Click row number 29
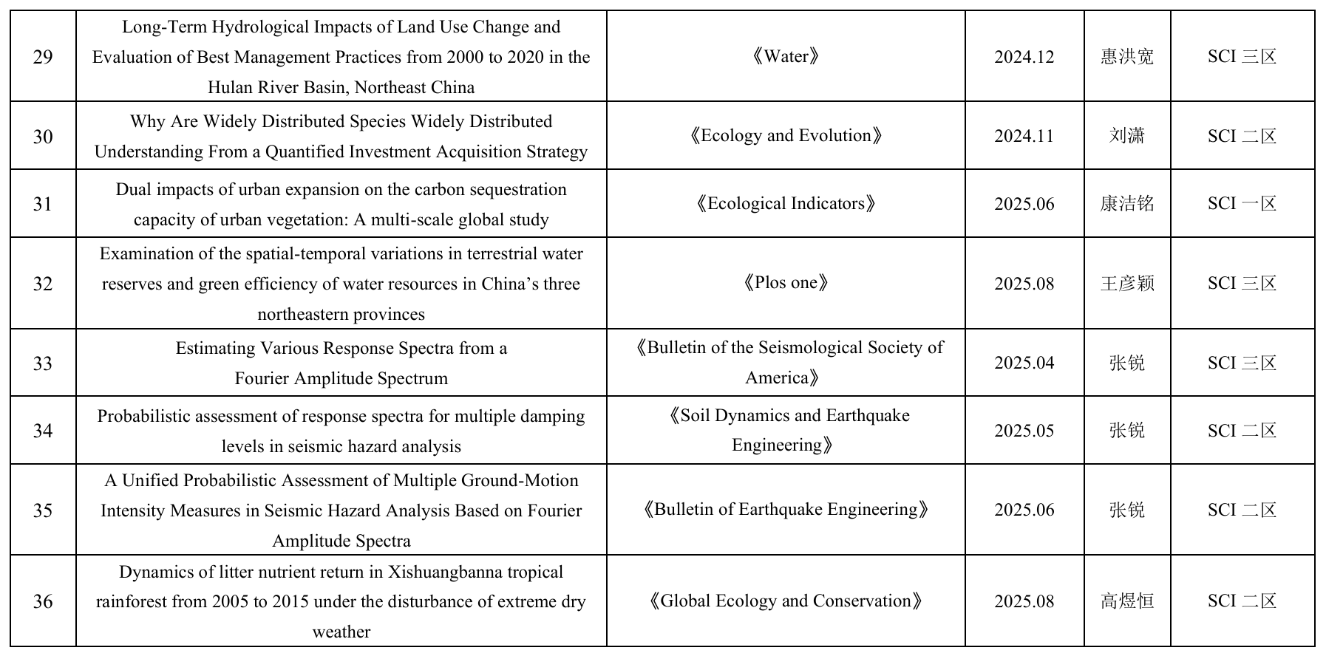pos(43,57)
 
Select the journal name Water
pos(786,57)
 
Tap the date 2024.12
pos(1024,57)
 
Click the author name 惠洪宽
pos(1127,57)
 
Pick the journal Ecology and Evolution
pos(786,136)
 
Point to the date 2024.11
pos(1024,136)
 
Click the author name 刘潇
pos(1127,136)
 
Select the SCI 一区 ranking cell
pos(1242,204)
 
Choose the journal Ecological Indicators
pos(786,204)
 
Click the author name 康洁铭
pos(1127,204)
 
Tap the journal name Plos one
pos(786,283)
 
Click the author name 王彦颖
pos(1127,283)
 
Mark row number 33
pos(43,363)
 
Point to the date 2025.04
pos(1024,363)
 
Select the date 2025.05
pos(1024,431)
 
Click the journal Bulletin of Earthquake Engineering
pos(786,510)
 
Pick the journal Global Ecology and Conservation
pos(786,601)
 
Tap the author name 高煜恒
pos(1127,601)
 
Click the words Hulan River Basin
pos(278,87)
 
